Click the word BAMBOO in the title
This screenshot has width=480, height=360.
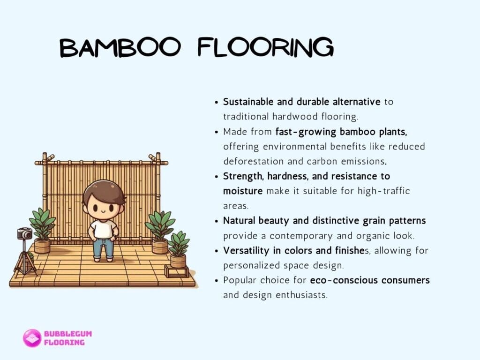coord(120,47)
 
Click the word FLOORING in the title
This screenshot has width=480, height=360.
coord(265,47)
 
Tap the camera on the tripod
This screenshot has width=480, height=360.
coord(24,233)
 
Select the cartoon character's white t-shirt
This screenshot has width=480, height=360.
coord(103,229)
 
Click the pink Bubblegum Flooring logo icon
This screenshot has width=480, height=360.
coord(32,338)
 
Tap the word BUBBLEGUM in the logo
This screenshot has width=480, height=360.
coord(68,334)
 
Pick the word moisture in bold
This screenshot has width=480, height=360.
coord(243,191)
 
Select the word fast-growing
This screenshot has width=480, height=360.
coord(306,132)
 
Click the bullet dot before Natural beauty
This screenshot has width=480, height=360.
coord(217,221)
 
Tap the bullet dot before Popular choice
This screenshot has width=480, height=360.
coord(217,280)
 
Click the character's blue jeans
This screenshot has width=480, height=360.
coord(103,248)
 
